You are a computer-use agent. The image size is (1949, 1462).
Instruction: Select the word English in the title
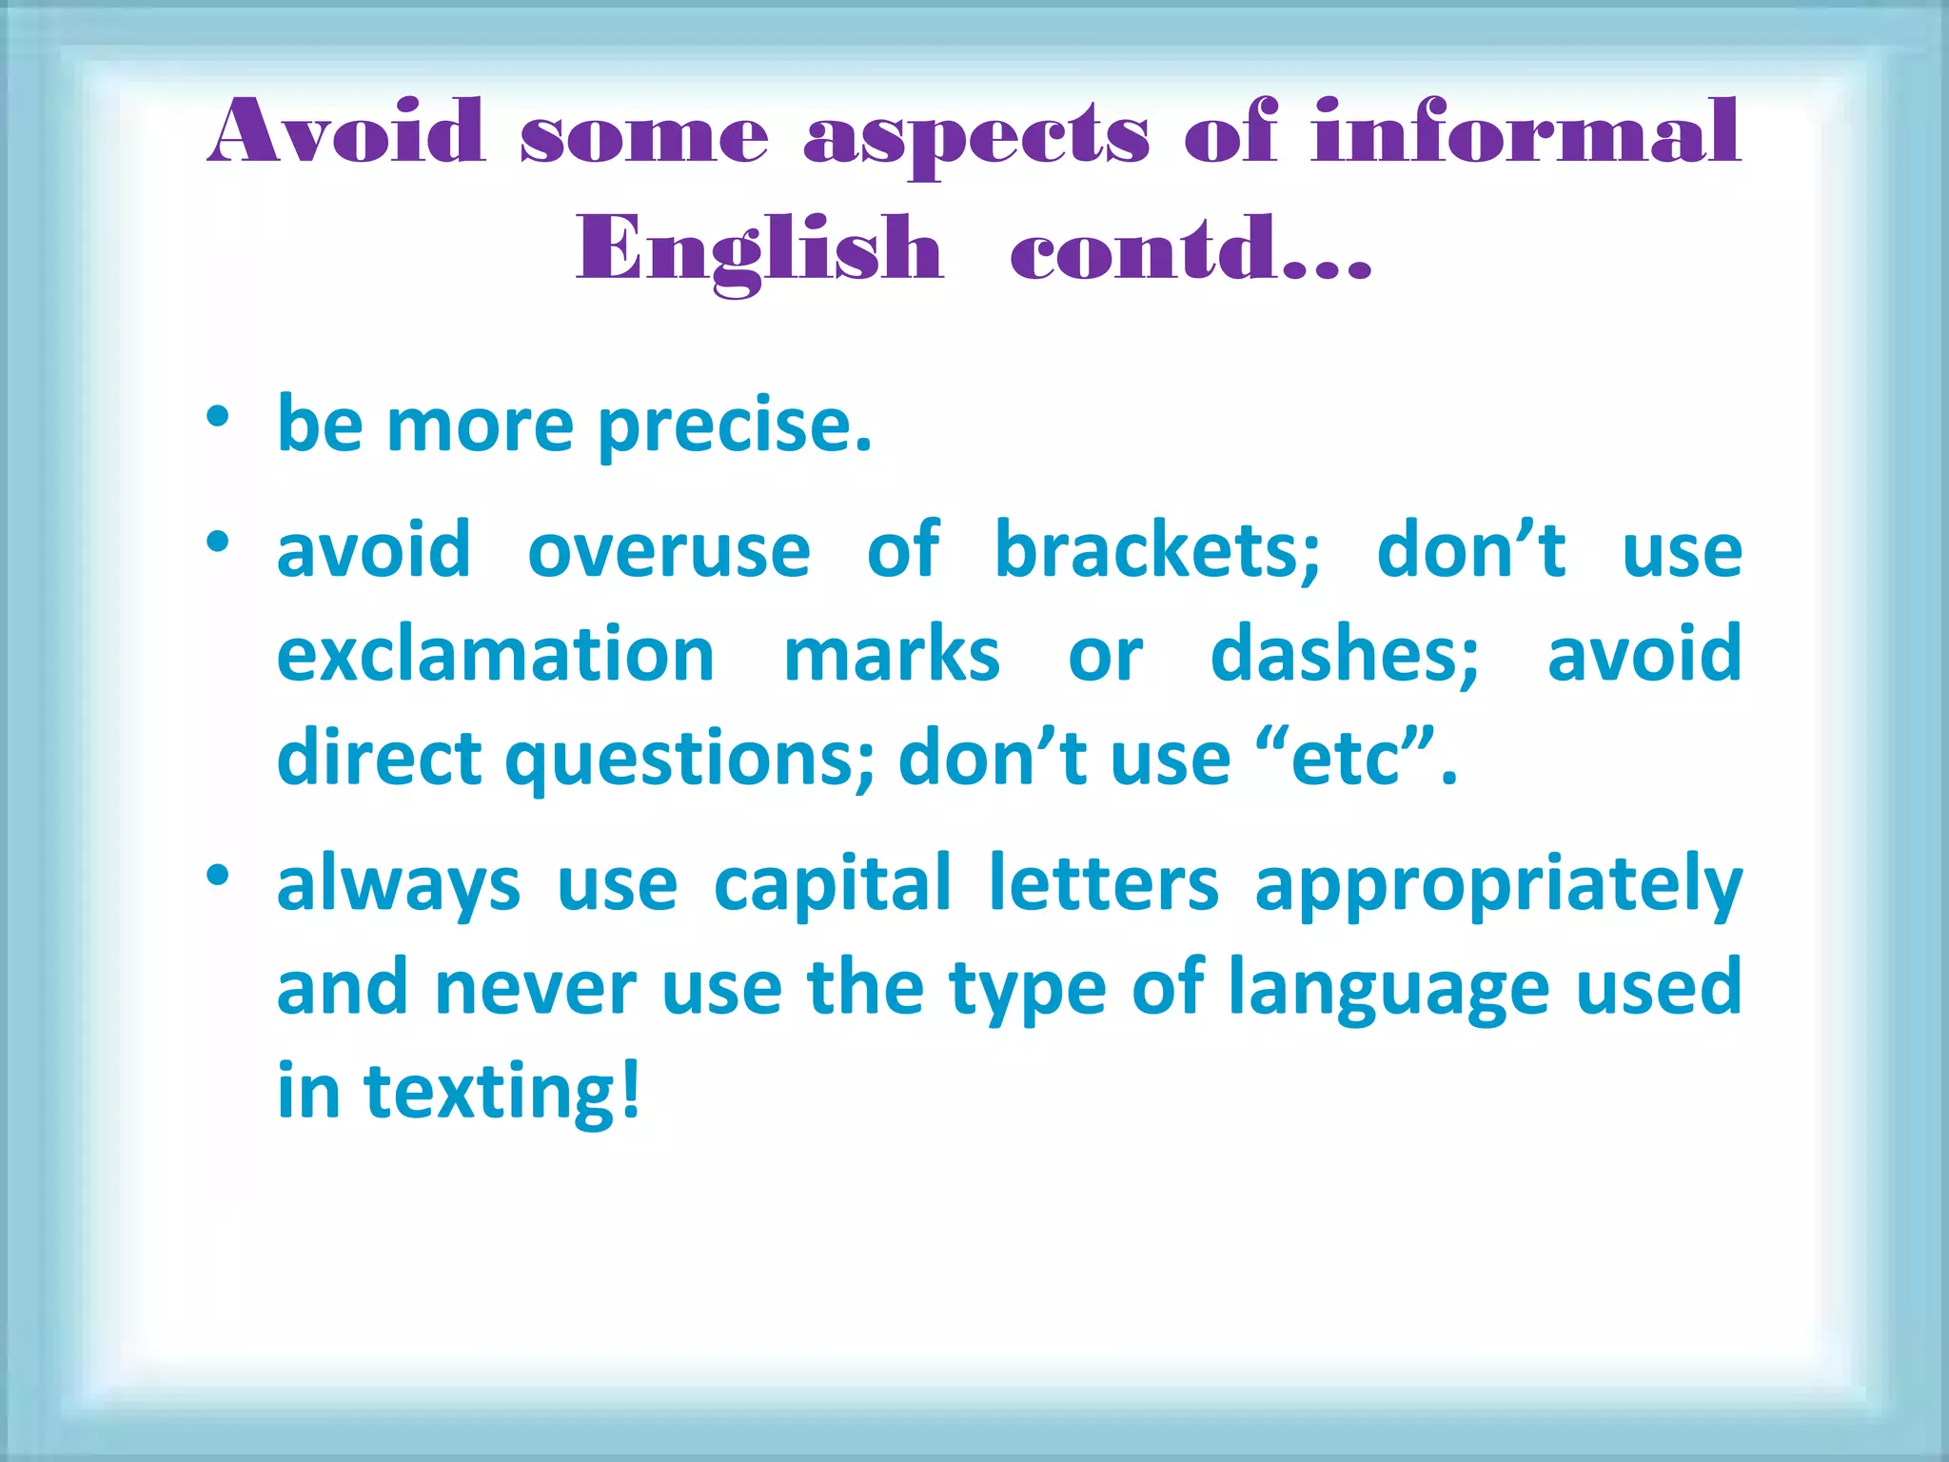759,249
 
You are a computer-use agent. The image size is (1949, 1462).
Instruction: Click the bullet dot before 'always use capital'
218,875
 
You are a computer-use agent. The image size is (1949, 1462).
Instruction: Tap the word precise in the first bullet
733,425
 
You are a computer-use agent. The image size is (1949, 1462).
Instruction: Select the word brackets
1156,551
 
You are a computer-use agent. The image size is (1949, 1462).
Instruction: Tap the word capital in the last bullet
833,883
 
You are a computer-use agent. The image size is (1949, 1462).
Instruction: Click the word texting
488,1093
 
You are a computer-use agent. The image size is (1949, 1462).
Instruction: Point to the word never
535,989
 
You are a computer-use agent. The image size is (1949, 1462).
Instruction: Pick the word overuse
669,551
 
